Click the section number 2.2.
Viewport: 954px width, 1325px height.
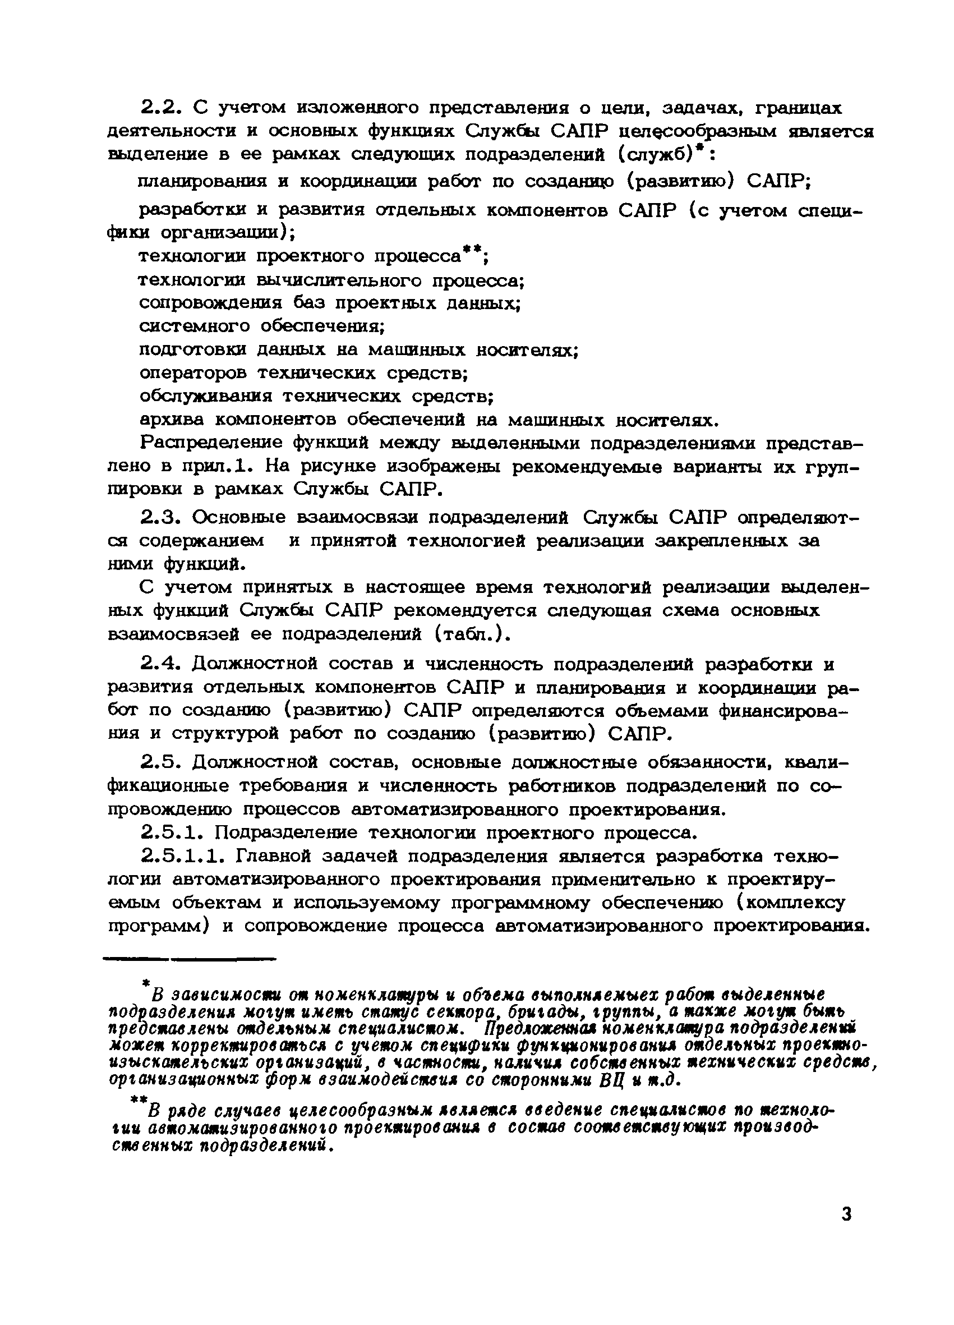[163, 108]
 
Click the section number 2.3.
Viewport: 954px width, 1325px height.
[163, 517]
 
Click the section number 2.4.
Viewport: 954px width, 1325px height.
[163, 664]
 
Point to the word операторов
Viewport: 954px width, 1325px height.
[193, 372]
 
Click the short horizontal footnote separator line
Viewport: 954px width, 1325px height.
[190, 959]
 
